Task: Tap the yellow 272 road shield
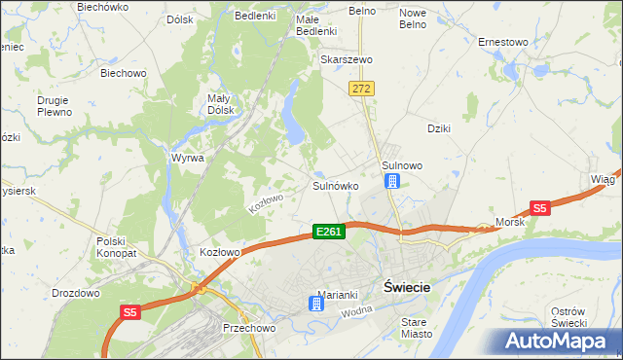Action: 362,89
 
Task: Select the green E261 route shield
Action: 328,232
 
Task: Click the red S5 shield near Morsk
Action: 540,207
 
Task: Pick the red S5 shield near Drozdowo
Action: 131,312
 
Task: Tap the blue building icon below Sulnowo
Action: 392,182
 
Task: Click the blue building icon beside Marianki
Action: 315,304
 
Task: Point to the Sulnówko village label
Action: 336,185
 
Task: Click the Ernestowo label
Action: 502,42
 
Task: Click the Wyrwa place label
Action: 187,158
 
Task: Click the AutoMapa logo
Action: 560,341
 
